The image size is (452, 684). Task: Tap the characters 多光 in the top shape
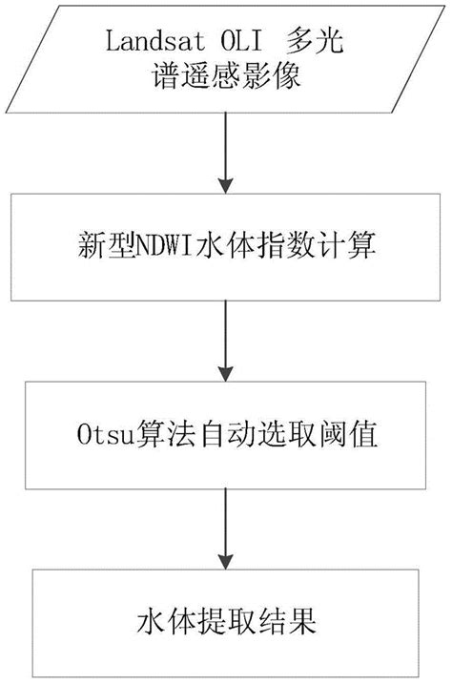(320, 44)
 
